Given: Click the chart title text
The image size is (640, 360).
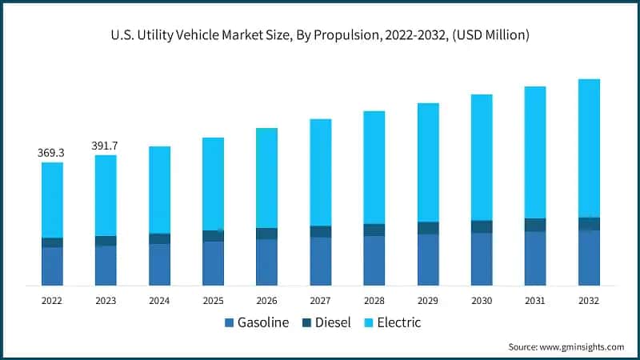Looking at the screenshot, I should [320, 35].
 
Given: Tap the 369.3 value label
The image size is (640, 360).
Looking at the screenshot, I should [52, 152].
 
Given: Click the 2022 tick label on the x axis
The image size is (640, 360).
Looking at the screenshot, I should [52, 301].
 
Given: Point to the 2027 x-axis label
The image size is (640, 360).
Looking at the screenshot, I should [320, 301].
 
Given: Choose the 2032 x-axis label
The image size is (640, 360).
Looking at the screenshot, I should [589, 301].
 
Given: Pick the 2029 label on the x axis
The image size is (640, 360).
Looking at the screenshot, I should [427, 301].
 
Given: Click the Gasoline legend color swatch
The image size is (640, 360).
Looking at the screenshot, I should [230, 323].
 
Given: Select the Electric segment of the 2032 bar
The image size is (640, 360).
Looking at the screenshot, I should [589, 148].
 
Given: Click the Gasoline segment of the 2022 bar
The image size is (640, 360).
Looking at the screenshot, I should [52, 266].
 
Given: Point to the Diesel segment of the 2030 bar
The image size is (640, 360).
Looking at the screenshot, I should [482, 226].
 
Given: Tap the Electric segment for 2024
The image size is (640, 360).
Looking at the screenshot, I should [159, 190].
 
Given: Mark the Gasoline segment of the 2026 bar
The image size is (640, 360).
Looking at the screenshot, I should [266, 262].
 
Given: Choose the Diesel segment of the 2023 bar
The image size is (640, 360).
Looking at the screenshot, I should [106, 241].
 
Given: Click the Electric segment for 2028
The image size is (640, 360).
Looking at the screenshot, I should [374, 167].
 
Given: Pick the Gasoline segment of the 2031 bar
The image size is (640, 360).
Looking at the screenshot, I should [535, 258].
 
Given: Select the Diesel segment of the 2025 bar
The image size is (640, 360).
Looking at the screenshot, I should [213, 236].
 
